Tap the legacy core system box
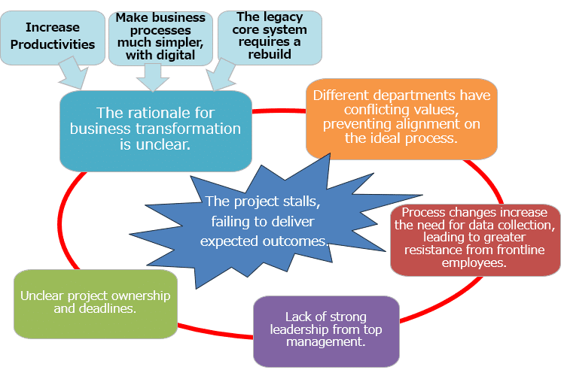(x=270, y=35)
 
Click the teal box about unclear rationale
(x=155, y=129)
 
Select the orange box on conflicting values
(x=401, y=117)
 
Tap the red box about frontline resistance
(x=475, y=239)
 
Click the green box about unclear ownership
(x=95, y=302)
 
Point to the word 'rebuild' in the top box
(x=270, y=54)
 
